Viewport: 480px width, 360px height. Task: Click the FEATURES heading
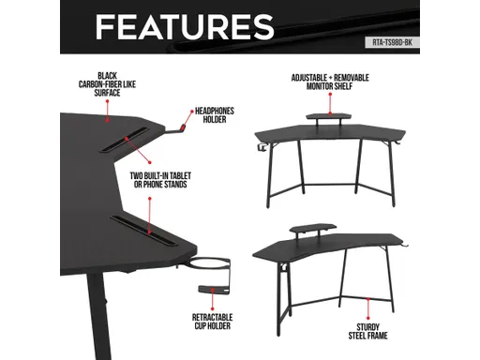click(x=185, y=27)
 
